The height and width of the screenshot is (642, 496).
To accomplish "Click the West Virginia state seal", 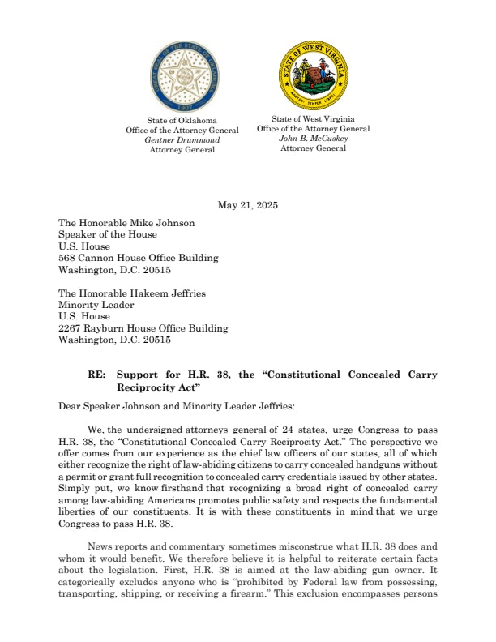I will [x=314, y=75].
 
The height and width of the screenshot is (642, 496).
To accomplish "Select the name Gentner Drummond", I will [x=182, y=139].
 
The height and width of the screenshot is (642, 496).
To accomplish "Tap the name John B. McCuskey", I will [x=313, y=138].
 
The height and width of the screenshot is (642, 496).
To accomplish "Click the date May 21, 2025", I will [x=248, y=206].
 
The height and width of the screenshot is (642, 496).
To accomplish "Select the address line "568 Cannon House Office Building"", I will [x=139, y=258].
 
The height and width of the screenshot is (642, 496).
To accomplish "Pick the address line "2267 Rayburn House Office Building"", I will [x=143, y=328].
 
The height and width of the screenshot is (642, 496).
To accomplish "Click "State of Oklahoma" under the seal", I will [x=182, y=121].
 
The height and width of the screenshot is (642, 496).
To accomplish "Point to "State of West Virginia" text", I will [x=313, y=118].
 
